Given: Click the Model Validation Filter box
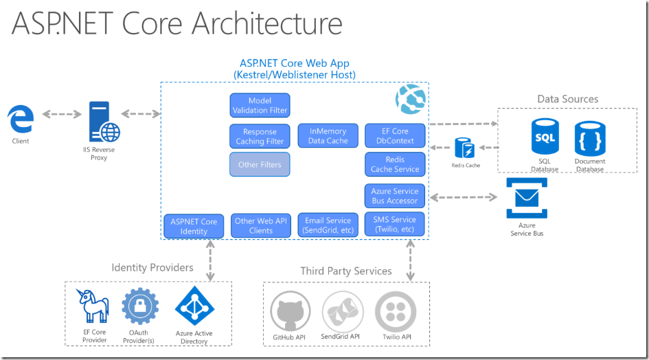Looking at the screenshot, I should [x=260, y=105].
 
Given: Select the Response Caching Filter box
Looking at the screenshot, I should [x=260, y=136].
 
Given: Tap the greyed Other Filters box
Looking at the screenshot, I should [x=260, y=165].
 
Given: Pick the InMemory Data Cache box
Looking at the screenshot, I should [x=328, y=136].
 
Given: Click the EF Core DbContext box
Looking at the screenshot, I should [x=395, y=136].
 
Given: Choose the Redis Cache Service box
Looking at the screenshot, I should [x=395, y=164].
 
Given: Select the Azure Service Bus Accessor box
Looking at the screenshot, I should [x=395, y=196].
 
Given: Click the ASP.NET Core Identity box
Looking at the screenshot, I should [x=194, y=226].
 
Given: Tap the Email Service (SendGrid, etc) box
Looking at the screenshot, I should [x=328, y=225].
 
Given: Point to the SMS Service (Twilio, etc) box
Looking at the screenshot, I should [x=395, y=225].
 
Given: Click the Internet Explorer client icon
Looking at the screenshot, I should [x=21, y=120].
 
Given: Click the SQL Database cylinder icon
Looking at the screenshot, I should [x=545, y=137].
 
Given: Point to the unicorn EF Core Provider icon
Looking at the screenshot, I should [x=95, y=306].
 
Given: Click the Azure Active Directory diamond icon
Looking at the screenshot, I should [x=194, y=306].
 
